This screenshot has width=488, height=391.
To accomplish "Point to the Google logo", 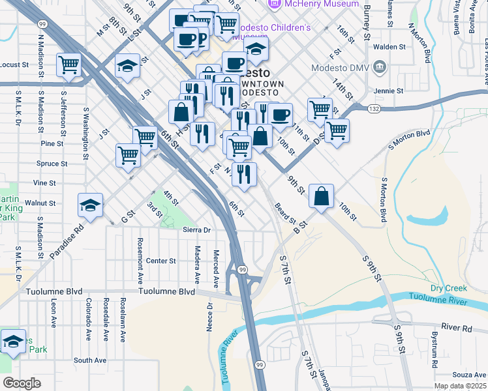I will (22, 383).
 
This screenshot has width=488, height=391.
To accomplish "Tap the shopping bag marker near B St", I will (322, 196).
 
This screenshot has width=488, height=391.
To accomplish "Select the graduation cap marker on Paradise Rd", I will (90, 206).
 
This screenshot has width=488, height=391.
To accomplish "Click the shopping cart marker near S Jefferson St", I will (69, 65).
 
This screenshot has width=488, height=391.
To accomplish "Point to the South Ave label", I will (90, 360).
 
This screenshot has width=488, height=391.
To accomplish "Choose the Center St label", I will (160, 261).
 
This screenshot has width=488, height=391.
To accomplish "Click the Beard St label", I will (285, 211).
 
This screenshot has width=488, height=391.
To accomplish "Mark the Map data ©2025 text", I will (460, 386).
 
